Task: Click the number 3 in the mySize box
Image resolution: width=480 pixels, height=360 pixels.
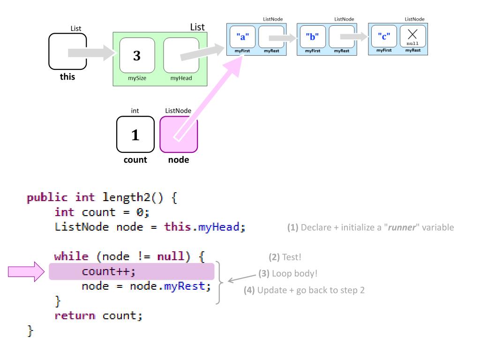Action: (137, 56)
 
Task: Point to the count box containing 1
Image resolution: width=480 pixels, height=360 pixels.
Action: (135, 135)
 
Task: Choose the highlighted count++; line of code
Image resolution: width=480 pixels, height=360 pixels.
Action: (131, 272)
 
